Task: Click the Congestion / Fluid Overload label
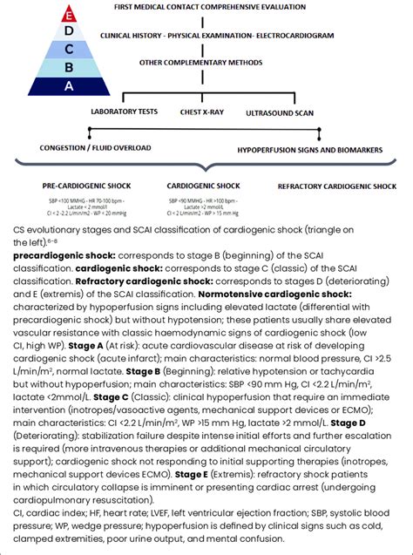pyautogui.click(x=91, y=148)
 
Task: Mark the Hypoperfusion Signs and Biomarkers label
pyautogui.click(x=309, y=150)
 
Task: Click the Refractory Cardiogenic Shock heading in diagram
pyautogui.click(x=336, y=186)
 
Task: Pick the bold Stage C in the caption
pyautogui.click(x=112, y=396)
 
